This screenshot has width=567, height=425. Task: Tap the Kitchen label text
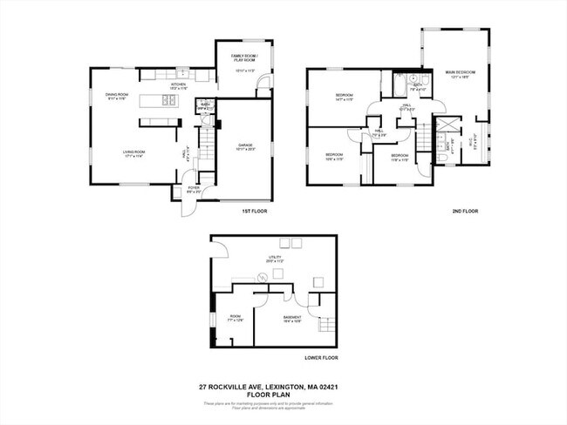click(178, 85)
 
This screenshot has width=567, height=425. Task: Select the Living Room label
click(133, 154)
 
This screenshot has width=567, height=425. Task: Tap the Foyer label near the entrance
click(194, 188)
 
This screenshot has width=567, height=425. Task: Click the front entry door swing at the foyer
click(187, 207)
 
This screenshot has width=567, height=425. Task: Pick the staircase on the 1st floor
click(208, 139)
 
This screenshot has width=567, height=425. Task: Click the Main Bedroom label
click(457, 75)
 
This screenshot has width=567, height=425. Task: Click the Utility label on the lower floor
click(275, 260)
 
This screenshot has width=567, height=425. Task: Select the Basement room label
click(292, 318)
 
